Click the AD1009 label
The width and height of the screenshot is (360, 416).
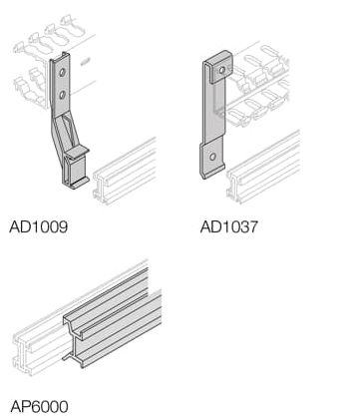39,226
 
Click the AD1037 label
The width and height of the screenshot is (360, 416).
229,226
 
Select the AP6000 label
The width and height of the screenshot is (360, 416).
39,406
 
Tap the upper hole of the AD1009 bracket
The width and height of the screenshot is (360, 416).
62,72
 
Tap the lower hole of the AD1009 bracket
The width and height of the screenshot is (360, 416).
62,96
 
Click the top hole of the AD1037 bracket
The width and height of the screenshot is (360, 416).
222,70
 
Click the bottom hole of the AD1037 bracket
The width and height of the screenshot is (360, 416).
212,157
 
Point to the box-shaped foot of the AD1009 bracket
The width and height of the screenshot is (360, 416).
76,169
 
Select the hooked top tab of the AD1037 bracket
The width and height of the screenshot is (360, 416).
217,67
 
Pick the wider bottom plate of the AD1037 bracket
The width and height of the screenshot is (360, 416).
212,159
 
